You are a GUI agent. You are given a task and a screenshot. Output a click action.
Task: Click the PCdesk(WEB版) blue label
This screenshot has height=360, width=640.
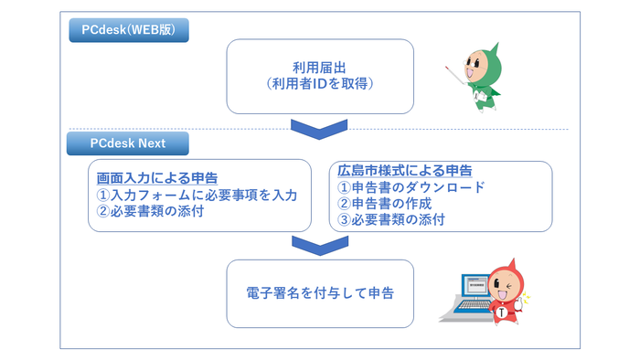[128, 31]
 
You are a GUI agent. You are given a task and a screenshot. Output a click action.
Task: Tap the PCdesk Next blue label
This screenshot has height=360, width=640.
[127, 143]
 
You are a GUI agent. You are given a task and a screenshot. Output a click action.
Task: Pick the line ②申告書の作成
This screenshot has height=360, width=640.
[385, 204]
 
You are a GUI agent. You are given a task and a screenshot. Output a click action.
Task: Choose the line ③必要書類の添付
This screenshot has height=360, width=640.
[393, 220]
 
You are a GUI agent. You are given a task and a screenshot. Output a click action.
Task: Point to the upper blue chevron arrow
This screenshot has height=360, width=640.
[319, 128]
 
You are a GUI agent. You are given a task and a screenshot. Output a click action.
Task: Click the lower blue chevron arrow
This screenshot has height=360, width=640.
[319, 245]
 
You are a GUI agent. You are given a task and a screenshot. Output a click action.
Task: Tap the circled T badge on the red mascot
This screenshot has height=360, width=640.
[502, 313]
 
